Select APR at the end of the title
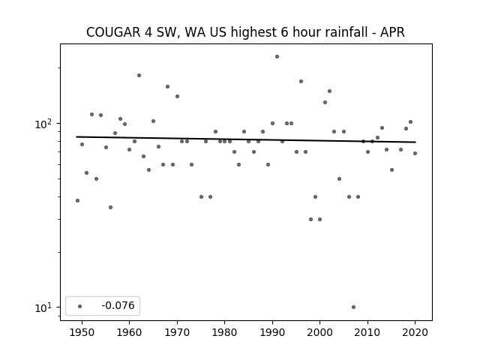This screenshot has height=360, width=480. pos(393,32)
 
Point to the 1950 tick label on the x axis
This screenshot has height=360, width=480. pos(82,332)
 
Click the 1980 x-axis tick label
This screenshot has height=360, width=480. pos(224,332)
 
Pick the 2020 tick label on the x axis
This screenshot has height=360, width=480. pos(415,332)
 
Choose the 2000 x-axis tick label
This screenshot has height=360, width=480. pos(319,332)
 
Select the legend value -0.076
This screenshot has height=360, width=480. pos(118,305)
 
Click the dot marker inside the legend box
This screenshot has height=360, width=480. pos(80,306)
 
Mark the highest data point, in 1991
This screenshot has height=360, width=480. pos(277,57)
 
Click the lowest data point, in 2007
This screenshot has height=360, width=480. pos(353,307)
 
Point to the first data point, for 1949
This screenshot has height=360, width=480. pos(77,200)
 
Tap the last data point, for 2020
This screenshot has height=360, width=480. pos(415,153)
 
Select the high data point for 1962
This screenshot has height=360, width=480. pos(139,75)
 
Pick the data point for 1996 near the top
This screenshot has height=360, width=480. pos(301,82)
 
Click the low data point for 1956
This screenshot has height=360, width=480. pos(110,207)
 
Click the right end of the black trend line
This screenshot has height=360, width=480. pos(415,142)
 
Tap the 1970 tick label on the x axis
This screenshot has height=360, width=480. pos(177,332)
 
